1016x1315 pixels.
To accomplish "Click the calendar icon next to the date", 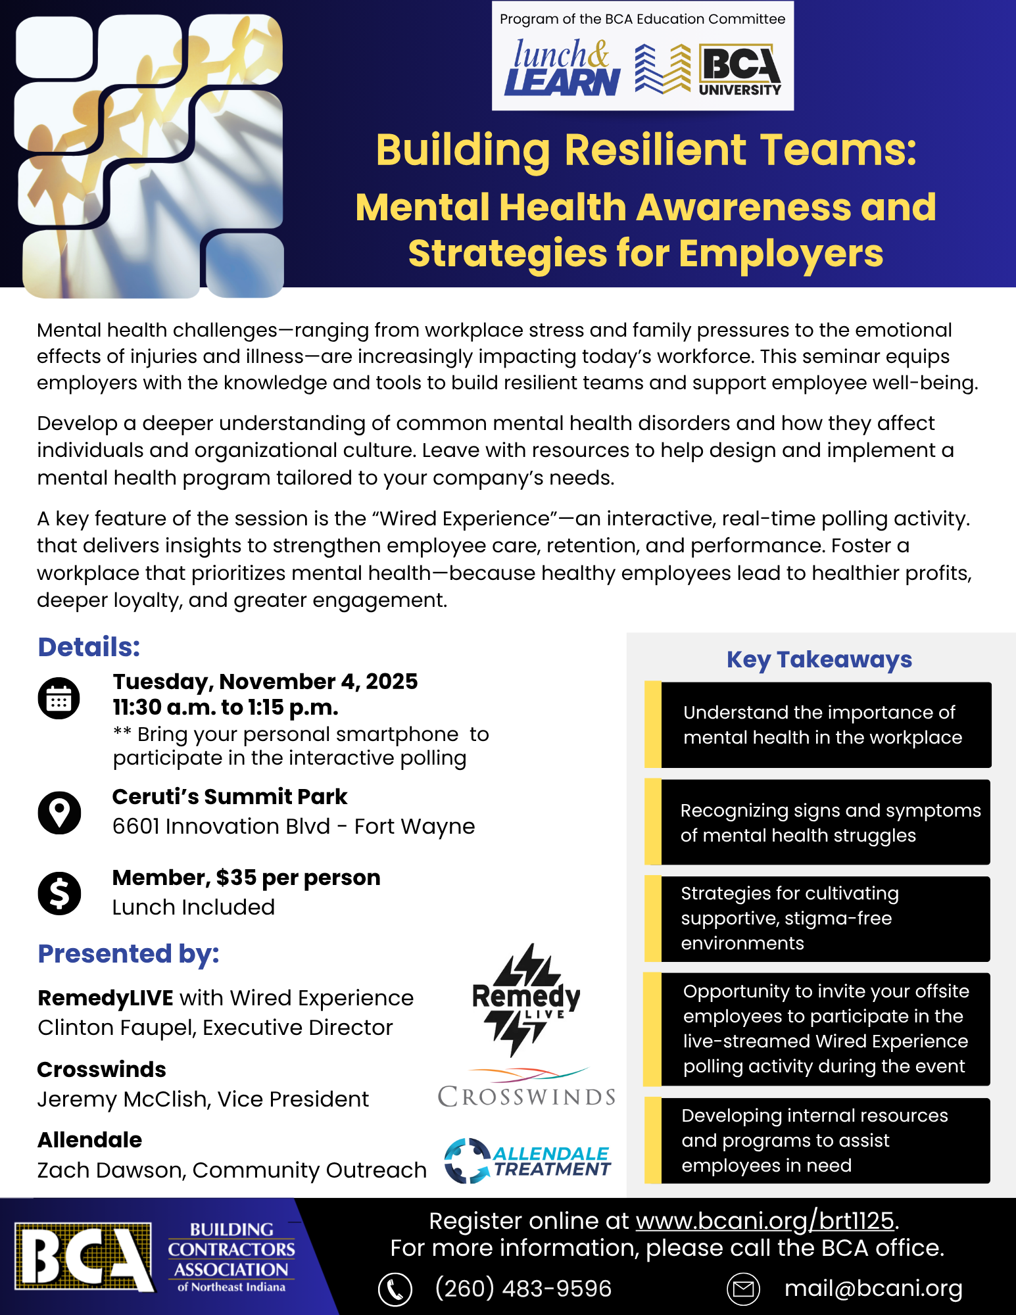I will [59, 698].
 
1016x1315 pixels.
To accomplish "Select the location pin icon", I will [59, 813].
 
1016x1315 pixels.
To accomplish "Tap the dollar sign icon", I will [59, 894].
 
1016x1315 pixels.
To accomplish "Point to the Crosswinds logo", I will [527, 1089].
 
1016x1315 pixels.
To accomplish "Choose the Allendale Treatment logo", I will [527, 1161].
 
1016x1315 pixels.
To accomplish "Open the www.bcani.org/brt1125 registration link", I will [765, 1221].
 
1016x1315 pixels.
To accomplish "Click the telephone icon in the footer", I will [395, 1289].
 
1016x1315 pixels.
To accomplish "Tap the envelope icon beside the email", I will [743, 1289].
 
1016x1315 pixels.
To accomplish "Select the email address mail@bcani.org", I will [873, 1289].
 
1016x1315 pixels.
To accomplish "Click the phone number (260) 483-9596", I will [523, 1289].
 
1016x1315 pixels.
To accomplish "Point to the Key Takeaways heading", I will [819, 659].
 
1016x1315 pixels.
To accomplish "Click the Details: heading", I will [89, 647].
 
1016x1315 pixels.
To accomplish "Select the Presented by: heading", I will [129, 953].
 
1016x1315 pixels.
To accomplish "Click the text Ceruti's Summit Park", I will [230, 797].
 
